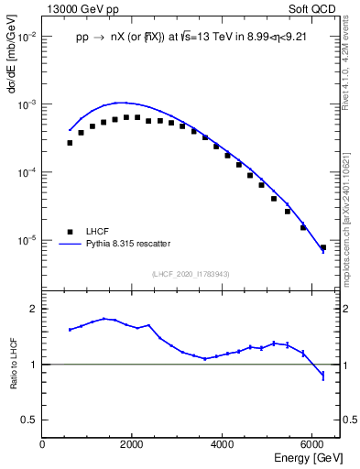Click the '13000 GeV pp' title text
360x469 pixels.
tap(80, 8)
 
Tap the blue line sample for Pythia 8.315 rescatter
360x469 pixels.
tap(69, 244)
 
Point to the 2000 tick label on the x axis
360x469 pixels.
tap(132, 444)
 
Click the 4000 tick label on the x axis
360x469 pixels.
tap(223, 444)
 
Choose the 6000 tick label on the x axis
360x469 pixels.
tap(312, 444)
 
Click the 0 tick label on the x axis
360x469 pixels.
tap(43, 444)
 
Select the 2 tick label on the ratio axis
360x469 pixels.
tap(33, 310)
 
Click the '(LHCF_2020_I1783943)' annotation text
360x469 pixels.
tap(191, 274)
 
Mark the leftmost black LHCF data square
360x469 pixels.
tap(70, 143)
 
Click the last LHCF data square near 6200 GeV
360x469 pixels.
tap(322, 247)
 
